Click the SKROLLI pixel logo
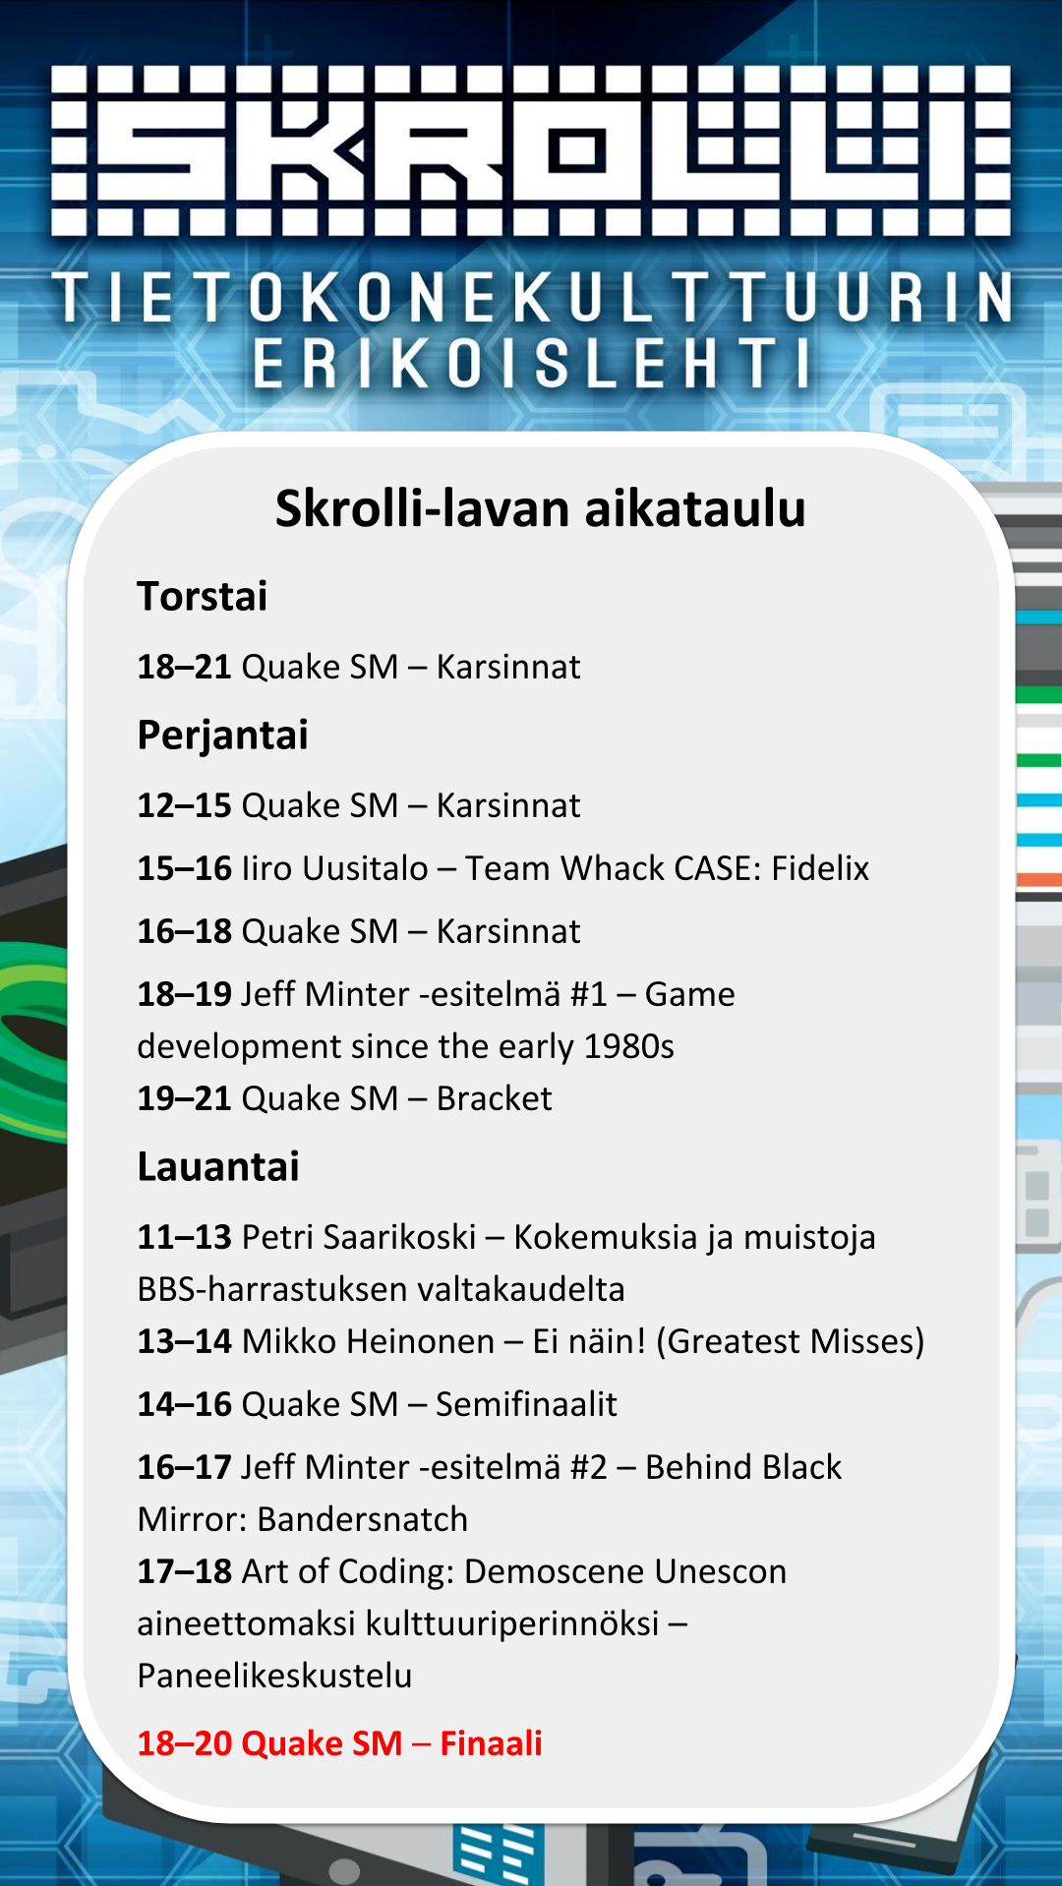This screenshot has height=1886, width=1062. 531,150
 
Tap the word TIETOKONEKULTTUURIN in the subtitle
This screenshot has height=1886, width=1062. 532,298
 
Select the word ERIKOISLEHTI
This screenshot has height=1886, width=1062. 532,363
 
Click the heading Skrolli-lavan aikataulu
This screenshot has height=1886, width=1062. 540,509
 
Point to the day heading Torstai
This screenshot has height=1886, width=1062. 202,597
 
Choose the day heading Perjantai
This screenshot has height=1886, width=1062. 222,737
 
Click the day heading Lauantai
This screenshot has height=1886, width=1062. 218,1167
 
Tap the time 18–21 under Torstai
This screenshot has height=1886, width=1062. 184,667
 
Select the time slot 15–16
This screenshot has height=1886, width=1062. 184,868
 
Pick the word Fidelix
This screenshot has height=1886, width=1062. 820,868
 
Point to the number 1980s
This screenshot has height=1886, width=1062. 629,1046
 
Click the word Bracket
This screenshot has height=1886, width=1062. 494,1098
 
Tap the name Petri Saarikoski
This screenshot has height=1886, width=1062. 359,1237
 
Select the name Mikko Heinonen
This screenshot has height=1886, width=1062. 368,1341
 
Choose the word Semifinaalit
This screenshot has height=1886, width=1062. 526,1404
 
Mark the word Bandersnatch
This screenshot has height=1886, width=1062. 362,1519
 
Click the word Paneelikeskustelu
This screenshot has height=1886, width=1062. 274,1676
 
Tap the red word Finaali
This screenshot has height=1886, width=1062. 491,1743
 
